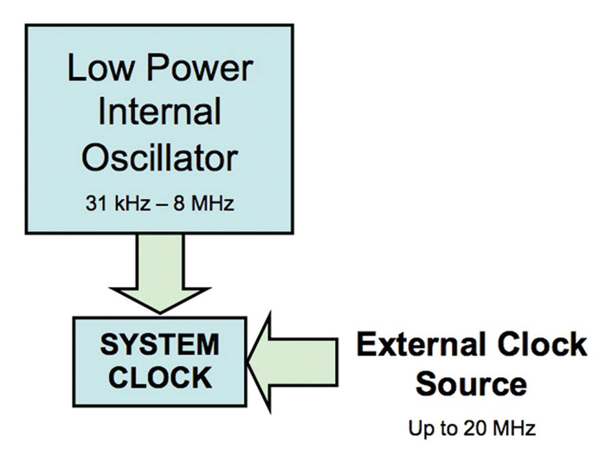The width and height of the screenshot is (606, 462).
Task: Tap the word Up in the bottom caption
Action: [x=418, y=428]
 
